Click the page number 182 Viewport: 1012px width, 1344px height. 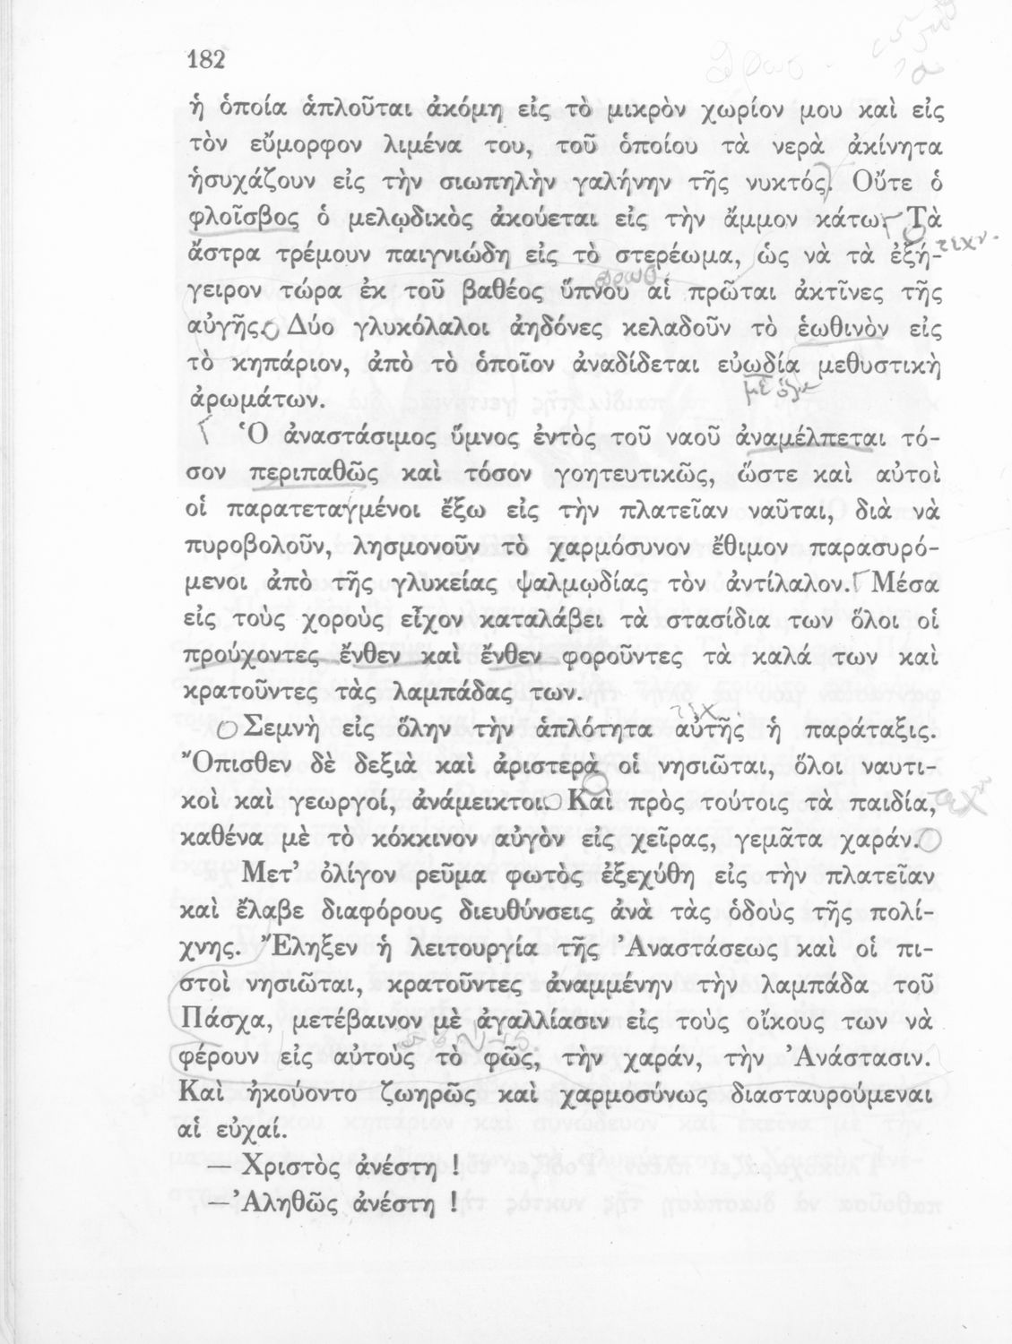[203, 60]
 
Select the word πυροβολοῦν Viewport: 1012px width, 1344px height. [259, 547]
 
